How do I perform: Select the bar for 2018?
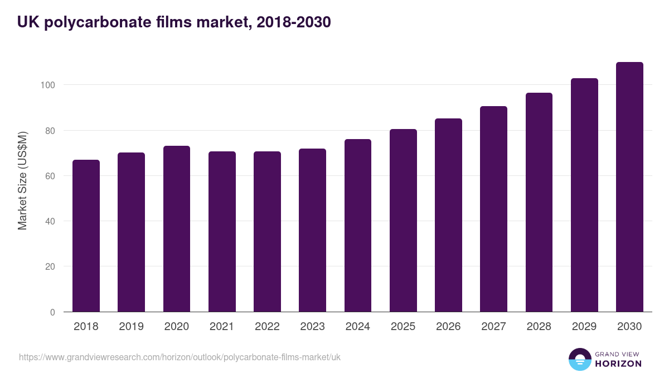[x=86, y=236]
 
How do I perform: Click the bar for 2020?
[x=177, y=229]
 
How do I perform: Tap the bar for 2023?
[x=312, y=230]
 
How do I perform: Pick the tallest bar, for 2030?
[x=629, y=187]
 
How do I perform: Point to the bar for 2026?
[x=448, y=215]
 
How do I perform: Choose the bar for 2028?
[x=539, y=202]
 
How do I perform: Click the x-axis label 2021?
[x=222, y=327]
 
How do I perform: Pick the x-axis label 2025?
[x=403, y=327]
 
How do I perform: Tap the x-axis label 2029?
[x=584, y=327]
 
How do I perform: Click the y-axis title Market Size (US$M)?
[x=22, y=180]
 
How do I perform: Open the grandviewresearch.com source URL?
[x=180, y=357]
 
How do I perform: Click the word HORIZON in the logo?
[x=618, y=364]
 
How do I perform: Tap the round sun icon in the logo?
[x=579, y=360]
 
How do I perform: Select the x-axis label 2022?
[x=267, y=327]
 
